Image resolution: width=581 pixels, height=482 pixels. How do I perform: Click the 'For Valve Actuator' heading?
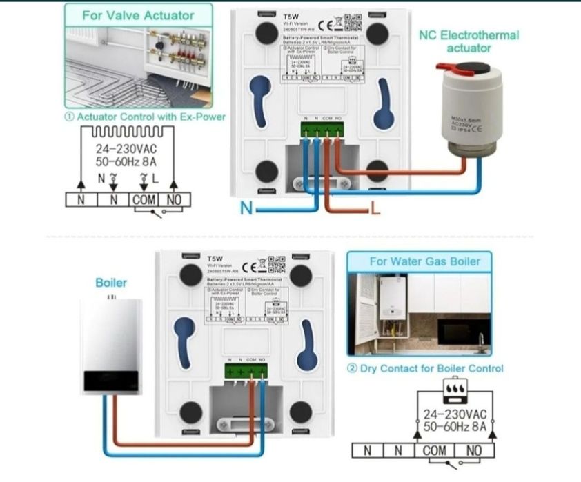tap(139, 15)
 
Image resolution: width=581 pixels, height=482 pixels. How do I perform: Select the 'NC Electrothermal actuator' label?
tap(469, 41)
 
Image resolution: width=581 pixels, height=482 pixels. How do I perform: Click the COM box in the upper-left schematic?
tap(144, 201)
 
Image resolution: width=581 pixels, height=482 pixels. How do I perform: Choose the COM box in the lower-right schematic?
tap(435, 450)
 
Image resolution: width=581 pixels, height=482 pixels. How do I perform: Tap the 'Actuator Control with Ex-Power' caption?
tap(145, 117)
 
